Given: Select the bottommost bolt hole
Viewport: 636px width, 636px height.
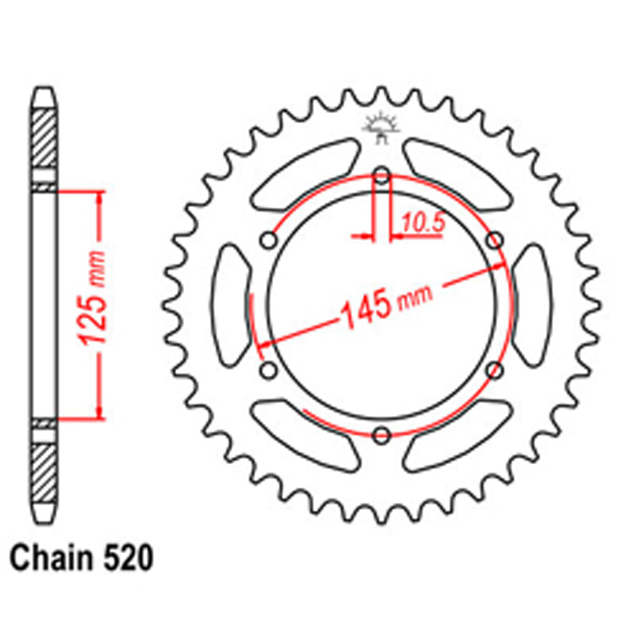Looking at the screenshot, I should pos(382,435).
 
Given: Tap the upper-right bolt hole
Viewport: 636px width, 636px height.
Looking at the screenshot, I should pos(494,240).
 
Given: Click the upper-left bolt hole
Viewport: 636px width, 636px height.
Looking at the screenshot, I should pos(269,240).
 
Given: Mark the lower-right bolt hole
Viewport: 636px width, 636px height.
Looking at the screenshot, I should pos(494,370).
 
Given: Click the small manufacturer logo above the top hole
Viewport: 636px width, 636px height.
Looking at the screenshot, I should pos(382,127).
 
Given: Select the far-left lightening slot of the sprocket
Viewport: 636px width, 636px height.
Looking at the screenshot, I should pos(230,305).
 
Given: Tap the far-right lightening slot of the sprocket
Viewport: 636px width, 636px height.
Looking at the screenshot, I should pos(533,305).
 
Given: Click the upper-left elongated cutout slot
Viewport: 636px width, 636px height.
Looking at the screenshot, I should pos(305,173).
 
